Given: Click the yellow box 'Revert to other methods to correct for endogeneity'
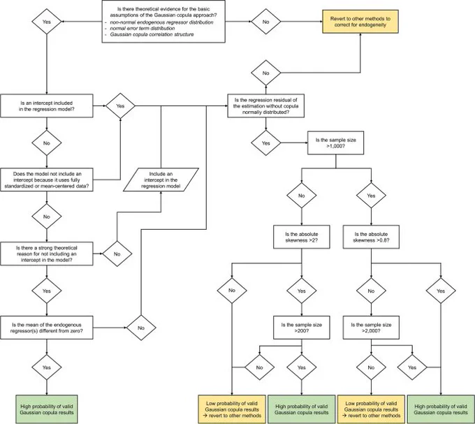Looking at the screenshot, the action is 360,22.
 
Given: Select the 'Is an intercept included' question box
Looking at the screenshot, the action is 47,106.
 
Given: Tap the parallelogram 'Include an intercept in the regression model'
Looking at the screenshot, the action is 161,180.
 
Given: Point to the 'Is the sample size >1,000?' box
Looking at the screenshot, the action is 336,143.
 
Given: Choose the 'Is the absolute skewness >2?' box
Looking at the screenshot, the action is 302,237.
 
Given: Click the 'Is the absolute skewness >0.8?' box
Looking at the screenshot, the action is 371,237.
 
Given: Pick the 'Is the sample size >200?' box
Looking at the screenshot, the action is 302,328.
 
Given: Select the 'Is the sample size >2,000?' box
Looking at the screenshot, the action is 371,328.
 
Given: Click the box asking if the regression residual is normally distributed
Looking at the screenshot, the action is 265,106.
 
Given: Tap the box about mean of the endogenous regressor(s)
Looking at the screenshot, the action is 47,328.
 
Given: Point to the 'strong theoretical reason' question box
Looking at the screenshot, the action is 47,254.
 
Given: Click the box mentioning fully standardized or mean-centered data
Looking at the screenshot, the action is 47,180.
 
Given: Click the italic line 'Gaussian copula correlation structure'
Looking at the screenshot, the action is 152,34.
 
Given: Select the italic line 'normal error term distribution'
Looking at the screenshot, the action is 142,29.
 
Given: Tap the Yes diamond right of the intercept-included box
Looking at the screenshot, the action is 120,106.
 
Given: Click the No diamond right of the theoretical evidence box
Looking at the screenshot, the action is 265,22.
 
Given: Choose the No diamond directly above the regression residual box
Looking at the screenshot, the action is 265,73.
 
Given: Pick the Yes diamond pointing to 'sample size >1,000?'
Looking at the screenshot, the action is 265,143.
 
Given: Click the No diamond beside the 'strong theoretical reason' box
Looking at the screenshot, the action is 117,254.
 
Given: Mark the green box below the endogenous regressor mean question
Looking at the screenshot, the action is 47,409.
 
